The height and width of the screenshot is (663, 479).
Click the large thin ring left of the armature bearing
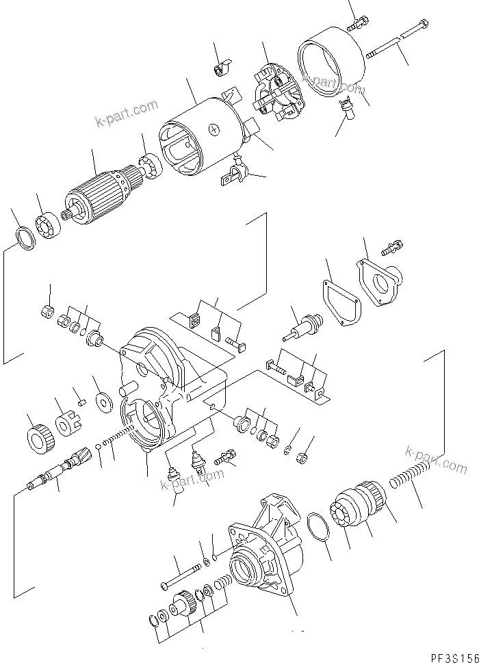25,238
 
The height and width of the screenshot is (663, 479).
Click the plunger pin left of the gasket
301,329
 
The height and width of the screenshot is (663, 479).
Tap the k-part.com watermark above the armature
127,114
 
